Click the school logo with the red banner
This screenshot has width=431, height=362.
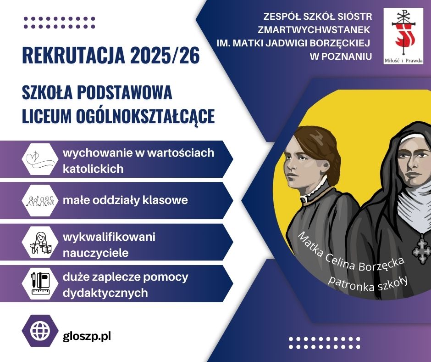pyautogui.click(x=403, y=36)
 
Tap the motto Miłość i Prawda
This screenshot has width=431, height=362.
pyautogui.click(x=403, y=61)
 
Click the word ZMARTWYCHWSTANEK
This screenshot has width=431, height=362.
pyautogui.click(x=314, y=30)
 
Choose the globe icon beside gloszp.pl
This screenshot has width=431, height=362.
pyautogui.click(x=40, y=331)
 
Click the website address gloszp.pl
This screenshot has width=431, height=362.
pyautogui.click(x=87, y=336)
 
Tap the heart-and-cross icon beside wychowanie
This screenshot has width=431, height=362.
pyautogui.click(x=39, y=159)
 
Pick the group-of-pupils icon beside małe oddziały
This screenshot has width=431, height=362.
pyautogui.click(x=40, y=201)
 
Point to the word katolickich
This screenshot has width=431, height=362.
pyautogui.click(x=93, y=169)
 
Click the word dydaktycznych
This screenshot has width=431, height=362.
pyautogui.click(x=105, y=293)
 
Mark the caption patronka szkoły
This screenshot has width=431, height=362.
pyautogui.click(x=368, y=283)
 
